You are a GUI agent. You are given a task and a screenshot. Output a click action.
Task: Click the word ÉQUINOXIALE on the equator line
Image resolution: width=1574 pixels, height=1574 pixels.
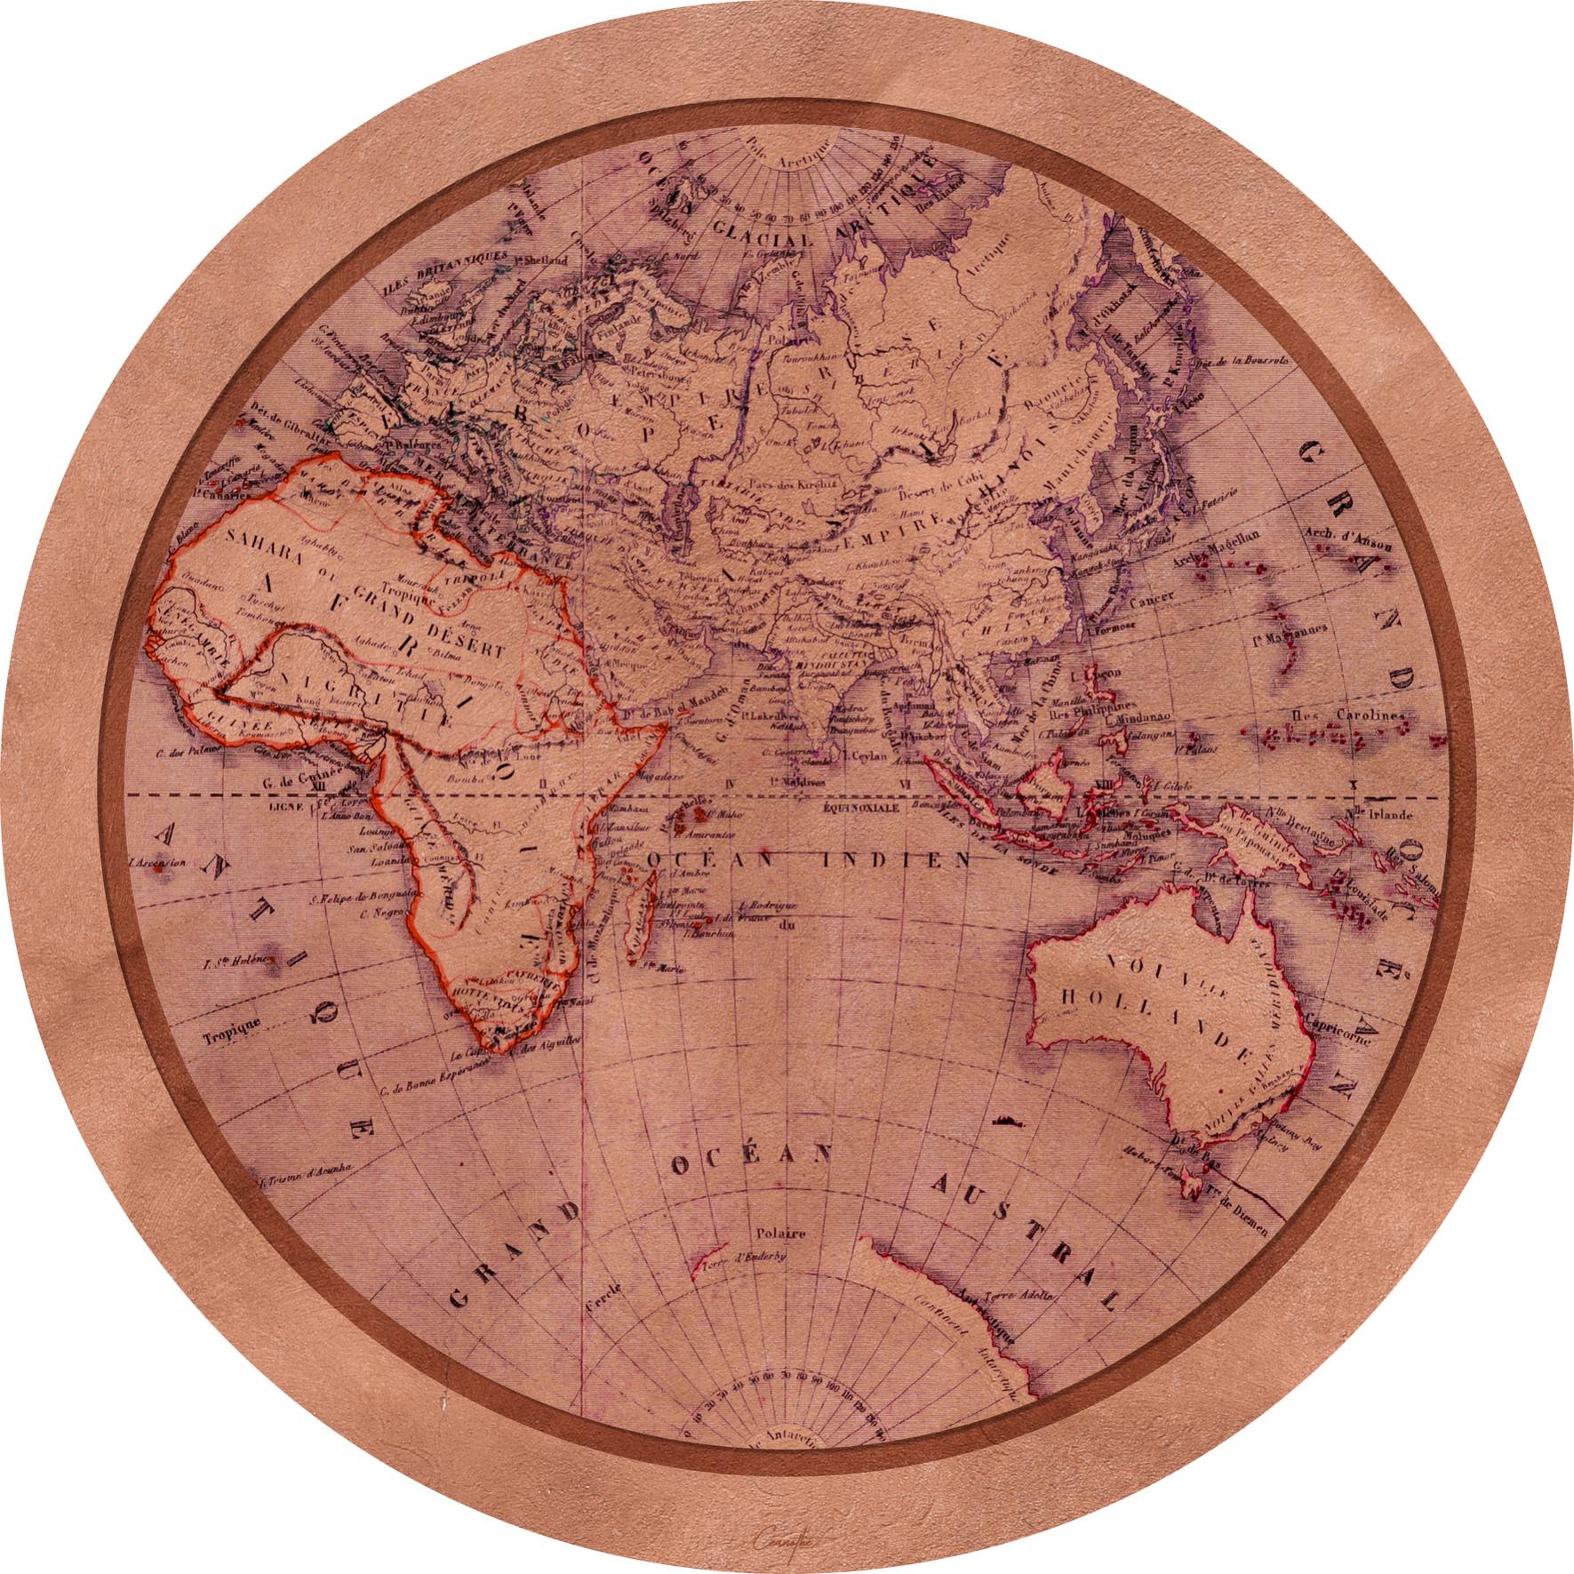tap(861, 810)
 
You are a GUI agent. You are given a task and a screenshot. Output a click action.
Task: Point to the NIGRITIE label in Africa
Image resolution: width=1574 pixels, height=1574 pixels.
tap(378, 699)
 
